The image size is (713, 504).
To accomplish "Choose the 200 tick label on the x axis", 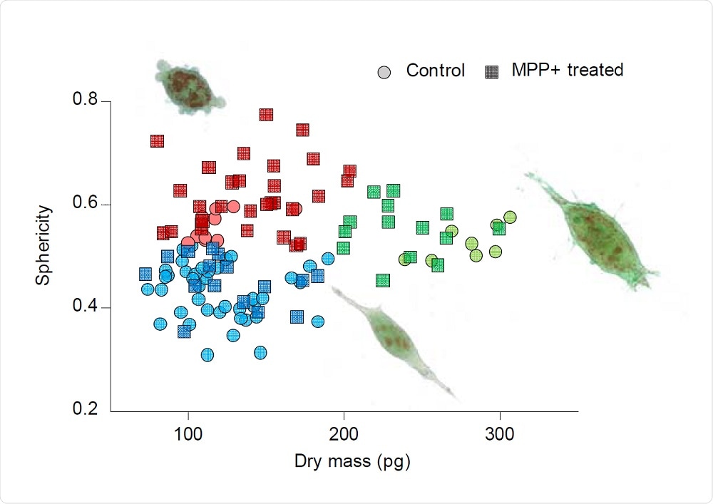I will [344, 434].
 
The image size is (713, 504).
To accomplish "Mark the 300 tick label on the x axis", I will [499, 434].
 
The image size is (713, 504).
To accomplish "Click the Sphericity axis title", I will [44, 245].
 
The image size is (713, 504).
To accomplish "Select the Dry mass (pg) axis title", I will [352, 462].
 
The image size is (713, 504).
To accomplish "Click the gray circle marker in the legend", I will [385, 71].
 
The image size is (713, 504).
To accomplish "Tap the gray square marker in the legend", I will [492, 71].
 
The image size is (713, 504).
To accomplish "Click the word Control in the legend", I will [435, 71].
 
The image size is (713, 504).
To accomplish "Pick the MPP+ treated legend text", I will [568, 70].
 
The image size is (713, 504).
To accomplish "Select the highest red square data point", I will [267, 115].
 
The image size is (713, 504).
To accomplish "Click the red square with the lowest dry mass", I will [158, 141].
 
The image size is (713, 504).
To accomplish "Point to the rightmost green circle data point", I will [510, 217].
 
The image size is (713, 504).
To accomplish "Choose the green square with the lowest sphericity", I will [383, 280].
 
